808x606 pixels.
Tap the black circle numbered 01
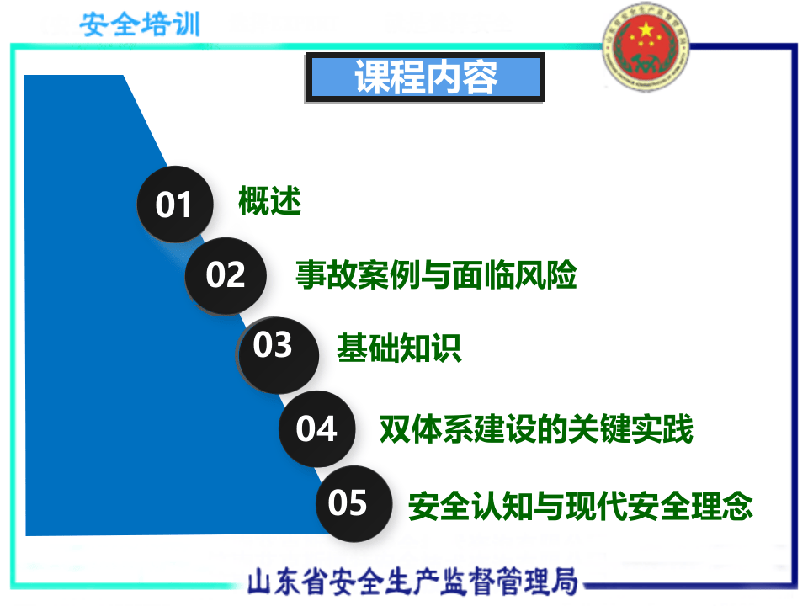click(175, 205)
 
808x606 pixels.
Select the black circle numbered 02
click(226, 275)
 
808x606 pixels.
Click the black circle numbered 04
click(316, 429)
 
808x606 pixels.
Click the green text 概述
click(269, 203)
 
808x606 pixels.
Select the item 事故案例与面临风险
click(436, 274)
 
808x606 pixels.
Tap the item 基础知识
click(399, 348)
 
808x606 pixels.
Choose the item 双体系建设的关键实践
click(536, 429)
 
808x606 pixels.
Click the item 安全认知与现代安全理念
click(581, 507)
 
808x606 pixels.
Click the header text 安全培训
click(141, 24)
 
